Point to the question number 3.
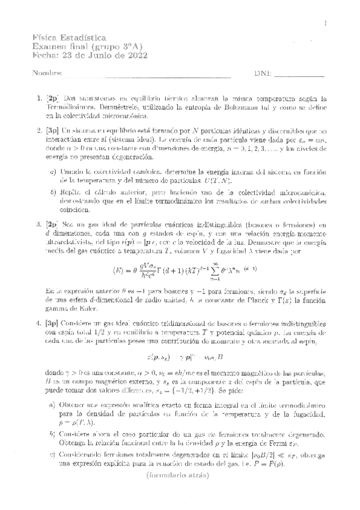click(40, 224)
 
